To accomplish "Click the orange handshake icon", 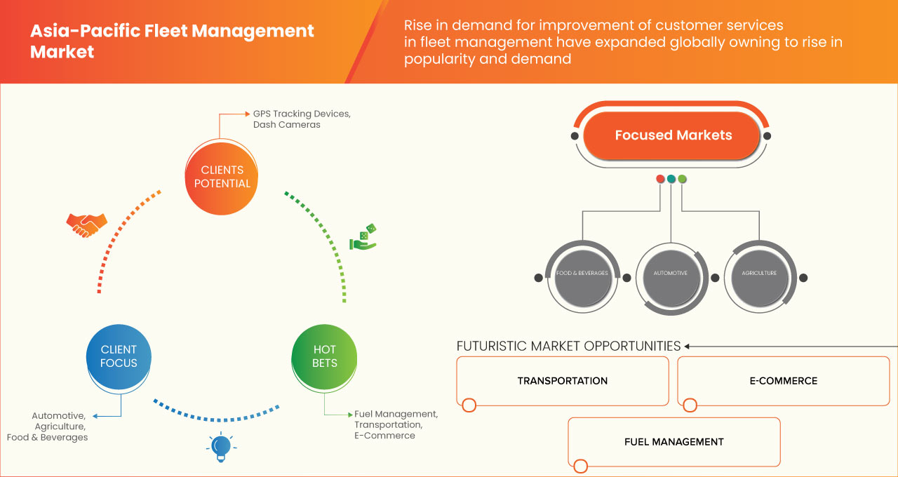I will (x=86, y=224).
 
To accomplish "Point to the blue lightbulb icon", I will (x=221, y=446).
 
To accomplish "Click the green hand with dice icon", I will (x=363, y=238).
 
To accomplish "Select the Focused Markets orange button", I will (x=673, y=135).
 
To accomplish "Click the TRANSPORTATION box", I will (x=563, y=381).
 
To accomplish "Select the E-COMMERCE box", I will (x=783, y=381).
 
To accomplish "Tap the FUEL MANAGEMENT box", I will (x=673, y=442).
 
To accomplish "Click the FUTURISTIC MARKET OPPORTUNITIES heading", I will (x=568, y=346).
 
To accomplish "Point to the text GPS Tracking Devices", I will (x=302, y=114).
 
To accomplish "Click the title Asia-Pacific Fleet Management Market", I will (x=172, y=41).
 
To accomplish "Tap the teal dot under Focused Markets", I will (x=671, y=179).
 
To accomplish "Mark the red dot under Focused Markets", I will (x=660, y=179).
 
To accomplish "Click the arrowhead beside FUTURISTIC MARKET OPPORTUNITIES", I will (x=688, y=346).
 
